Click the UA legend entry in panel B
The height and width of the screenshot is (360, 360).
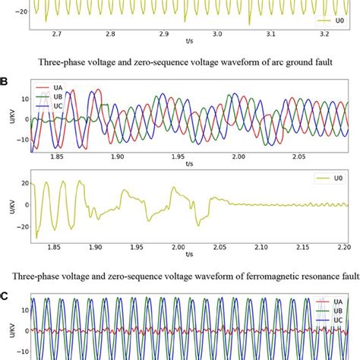click(x=57, y=88)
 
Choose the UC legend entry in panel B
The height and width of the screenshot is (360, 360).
click(x=57, y=109)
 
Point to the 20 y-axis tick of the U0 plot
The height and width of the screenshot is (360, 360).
click(x=23, y=183)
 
